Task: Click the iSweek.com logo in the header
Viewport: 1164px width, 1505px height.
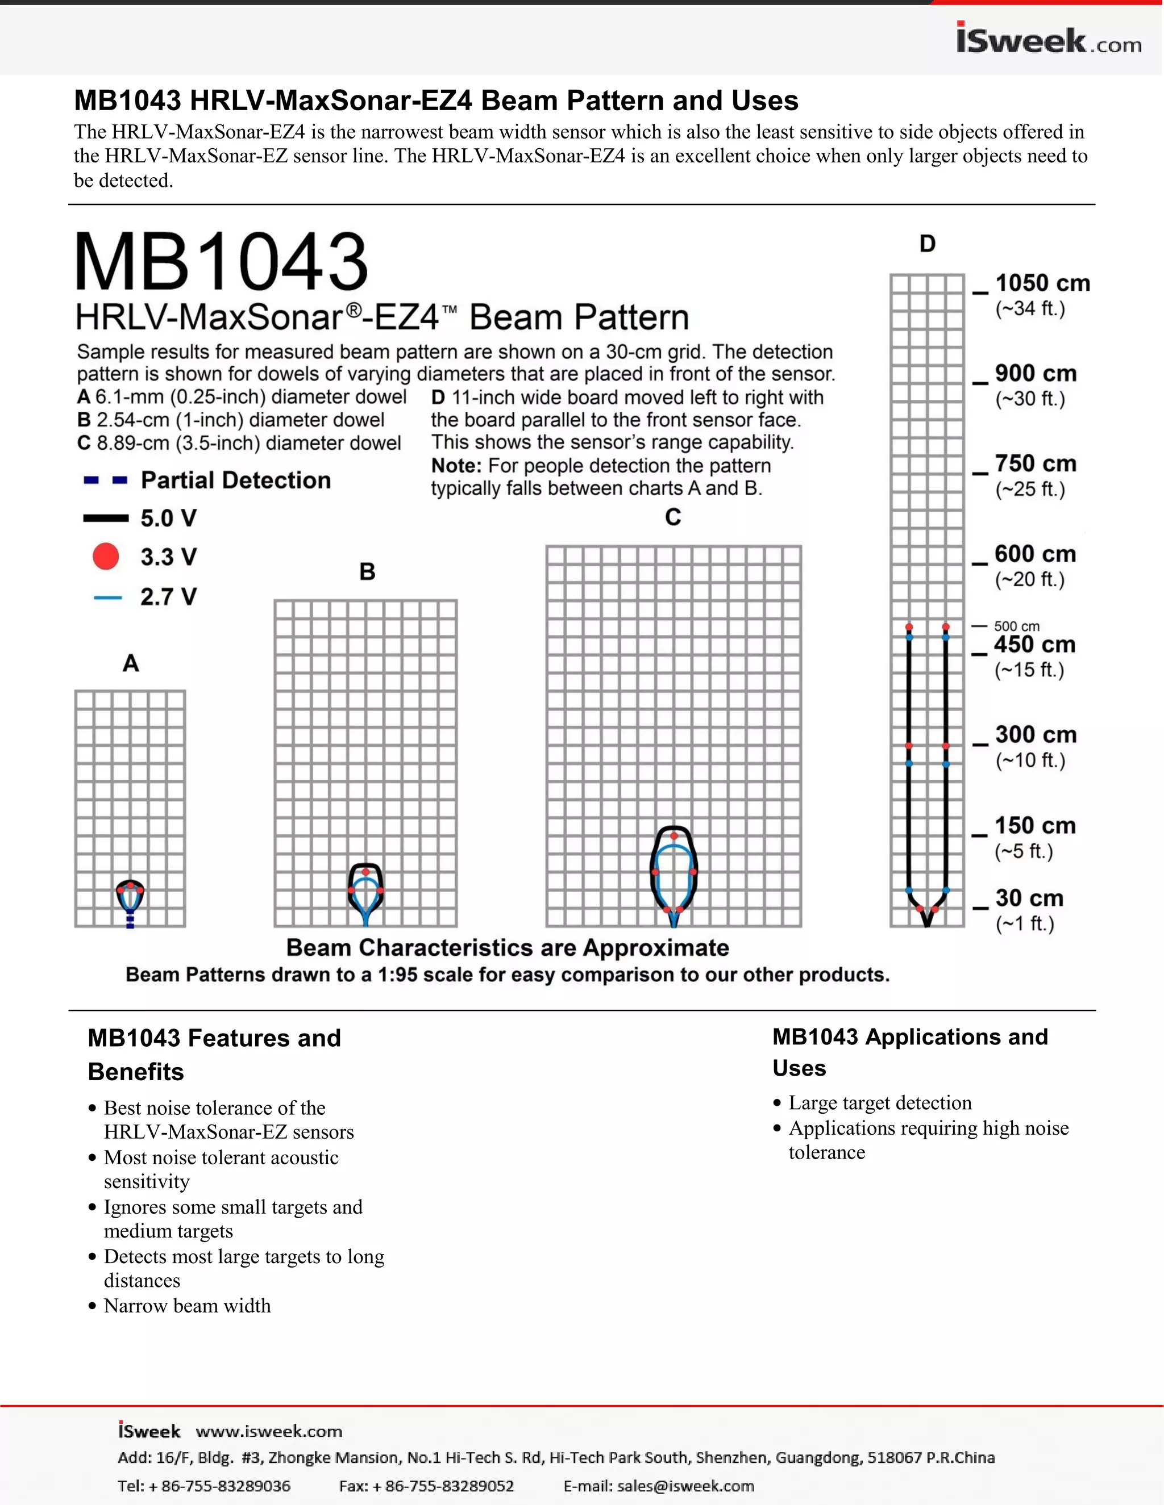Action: click(x=1048, y=39)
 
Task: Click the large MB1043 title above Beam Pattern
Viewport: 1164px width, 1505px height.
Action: click(x=221, y=262)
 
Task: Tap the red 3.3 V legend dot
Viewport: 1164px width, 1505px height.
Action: click(x=106, y=556)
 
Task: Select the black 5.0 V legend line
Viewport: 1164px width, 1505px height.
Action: click(x=106, y=518)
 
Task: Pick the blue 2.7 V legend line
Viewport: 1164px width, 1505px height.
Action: click(x=107, y=597)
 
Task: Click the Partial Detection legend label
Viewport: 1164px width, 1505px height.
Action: click(x=236, y=480)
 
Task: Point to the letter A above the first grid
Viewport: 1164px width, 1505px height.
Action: click(x=130, y=663)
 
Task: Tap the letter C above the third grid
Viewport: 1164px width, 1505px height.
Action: click(x=673, y=517)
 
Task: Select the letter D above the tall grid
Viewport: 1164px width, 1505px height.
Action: click(x=928, y=244)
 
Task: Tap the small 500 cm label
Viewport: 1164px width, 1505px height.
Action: click(x=1016, y=626)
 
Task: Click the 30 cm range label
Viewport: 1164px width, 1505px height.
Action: click(x=1029, y=898)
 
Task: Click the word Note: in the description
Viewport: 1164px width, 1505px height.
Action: click(x=456, y=466)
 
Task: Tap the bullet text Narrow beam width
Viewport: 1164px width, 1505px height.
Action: click(x=187, y=1306)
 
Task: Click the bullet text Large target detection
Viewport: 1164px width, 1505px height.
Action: click(x=880, y=1102)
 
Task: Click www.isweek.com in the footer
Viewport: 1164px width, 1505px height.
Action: click(x=269, y=1431)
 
